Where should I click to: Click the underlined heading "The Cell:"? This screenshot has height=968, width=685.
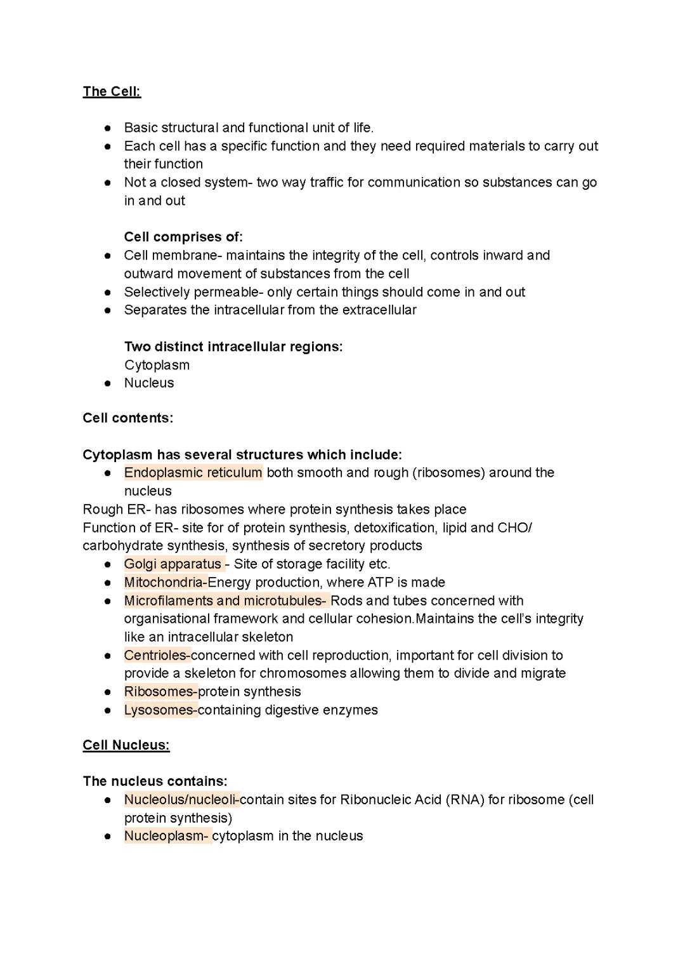click(112, 91)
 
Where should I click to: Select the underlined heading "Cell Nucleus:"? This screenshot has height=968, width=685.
click(126, 745)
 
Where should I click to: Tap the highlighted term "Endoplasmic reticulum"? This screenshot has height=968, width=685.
click(193, 473)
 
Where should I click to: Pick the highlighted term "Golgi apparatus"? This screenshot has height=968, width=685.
click(173, 564)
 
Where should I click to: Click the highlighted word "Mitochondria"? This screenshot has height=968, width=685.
click(164, 583)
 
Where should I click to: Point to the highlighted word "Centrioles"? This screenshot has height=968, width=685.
click(155, 656)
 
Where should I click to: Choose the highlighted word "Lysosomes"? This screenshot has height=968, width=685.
click(159, 710)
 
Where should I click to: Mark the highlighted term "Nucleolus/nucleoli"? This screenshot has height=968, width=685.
click(180, 800)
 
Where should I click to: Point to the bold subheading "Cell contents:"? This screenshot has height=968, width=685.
click(127, 418)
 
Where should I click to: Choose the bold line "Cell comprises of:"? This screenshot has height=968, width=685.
click(183, 237)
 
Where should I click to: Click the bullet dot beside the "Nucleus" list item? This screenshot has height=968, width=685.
click(108, 383)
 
